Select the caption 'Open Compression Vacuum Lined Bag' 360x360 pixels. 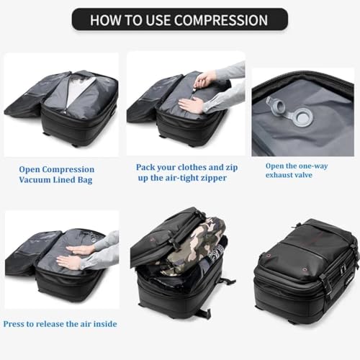click(x=55, y=174)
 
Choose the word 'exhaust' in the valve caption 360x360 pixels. click(x=281, y=174)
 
